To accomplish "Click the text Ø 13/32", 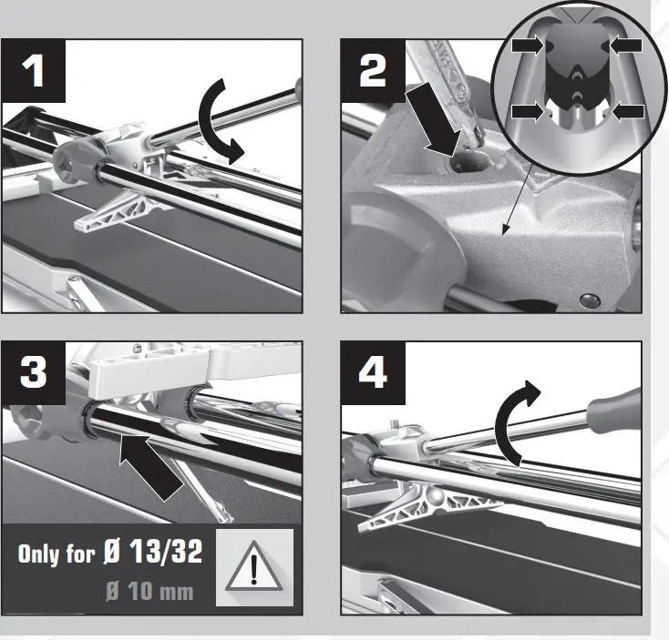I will coord(161,553).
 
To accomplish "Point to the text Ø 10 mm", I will coord(149,592).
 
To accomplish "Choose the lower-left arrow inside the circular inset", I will coord(528,111).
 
